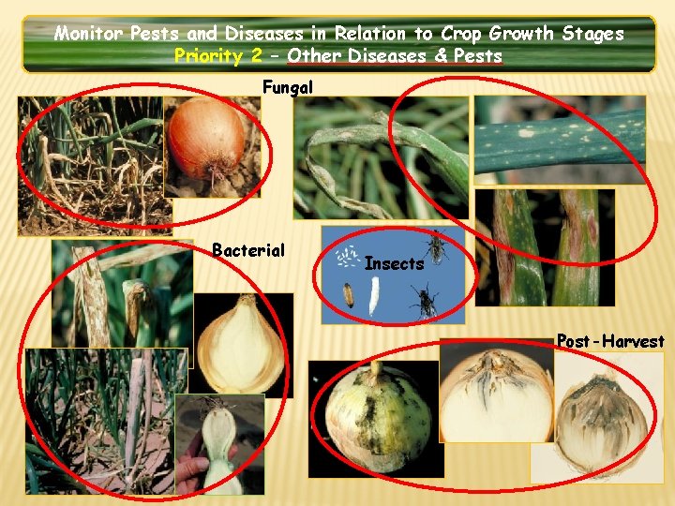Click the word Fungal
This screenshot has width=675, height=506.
tap(288, 87)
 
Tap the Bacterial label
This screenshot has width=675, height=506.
tap(247, 250)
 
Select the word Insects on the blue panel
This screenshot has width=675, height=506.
tap(394, 264)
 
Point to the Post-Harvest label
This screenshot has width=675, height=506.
tap(610, 341)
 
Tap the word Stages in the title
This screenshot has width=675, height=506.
tap(592, 34)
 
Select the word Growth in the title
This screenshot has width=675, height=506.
tap(515, 34)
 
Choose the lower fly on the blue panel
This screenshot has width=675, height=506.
tap(425, 303)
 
